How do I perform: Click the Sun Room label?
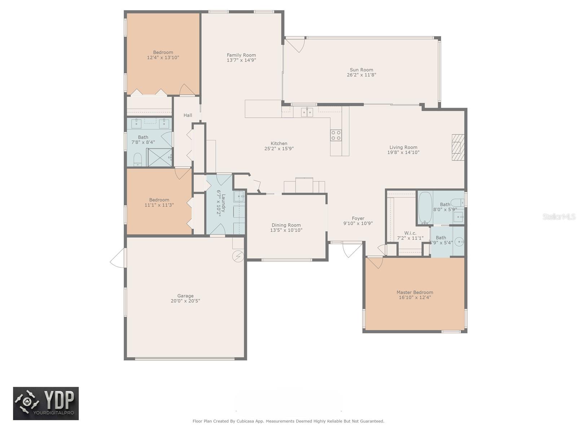(361, 70)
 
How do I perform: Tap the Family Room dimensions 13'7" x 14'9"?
(241, 60)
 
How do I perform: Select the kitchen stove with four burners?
(336, 135)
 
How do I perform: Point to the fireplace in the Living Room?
(458, 148)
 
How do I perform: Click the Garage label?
(185, 296)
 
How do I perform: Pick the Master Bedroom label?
(415, 292)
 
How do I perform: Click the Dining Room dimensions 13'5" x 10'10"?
(286, 230)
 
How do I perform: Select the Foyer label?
(358, 218)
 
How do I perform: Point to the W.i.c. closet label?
(410, 233)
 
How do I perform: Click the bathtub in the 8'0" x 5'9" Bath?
(425, 208)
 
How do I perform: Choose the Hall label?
(188, 115)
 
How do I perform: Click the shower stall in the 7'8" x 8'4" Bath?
(159, 157)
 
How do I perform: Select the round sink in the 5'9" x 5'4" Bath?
(459, 242)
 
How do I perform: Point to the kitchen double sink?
(307, 112)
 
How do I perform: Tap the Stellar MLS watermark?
(559, 216)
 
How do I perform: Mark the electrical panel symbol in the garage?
(238, 256)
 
